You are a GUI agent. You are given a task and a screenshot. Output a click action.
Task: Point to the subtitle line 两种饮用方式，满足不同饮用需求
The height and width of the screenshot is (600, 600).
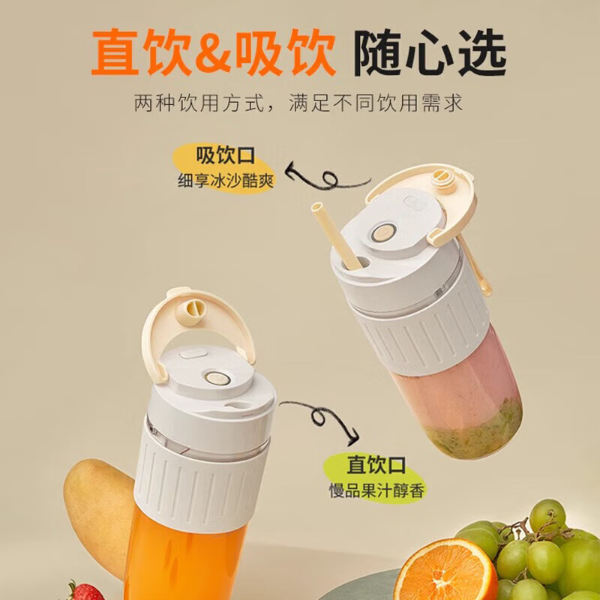(x=298, y=102)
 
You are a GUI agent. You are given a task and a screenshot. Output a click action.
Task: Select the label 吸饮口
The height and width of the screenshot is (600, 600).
(x=226, y=155)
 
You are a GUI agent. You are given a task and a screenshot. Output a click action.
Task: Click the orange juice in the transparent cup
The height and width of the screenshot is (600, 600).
(x=187, y=562)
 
